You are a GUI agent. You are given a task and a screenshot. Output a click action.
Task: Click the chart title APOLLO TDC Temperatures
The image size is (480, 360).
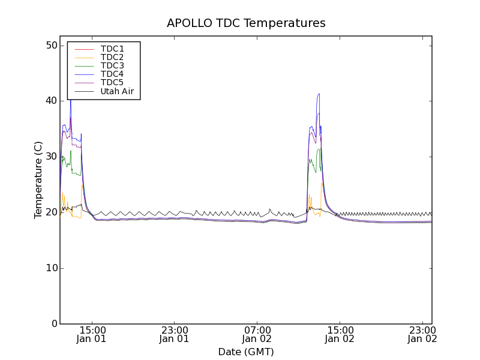point(246,23)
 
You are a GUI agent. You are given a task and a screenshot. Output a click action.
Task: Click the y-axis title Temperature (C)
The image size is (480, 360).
point(38,180)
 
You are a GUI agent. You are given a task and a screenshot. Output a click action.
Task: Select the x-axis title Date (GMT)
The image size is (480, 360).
point(246,352)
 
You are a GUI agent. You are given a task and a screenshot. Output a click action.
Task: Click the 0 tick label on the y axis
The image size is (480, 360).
point(53,324)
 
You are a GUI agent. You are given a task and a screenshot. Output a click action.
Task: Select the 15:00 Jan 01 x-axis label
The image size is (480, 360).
point(92,334)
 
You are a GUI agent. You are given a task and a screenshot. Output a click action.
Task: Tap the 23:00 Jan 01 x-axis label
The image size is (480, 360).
point(175,334)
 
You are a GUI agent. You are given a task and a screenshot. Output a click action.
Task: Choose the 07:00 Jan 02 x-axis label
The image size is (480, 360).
point(257,334)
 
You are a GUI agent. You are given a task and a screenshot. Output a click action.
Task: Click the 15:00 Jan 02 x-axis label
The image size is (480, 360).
point(340,334)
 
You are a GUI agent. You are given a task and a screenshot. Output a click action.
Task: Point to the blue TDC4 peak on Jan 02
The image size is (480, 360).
point(319,94)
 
